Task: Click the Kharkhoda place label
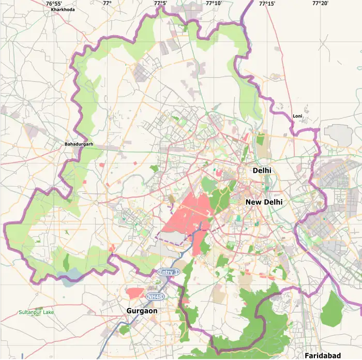coord(63,9)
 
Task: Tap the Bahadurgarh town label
coord(79,144)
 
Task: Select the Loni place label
coord(297,116)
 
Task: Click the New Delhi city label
coord(264,202)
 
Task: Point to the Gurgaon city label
coord(142,311)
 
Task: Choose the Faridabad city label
coord(323,355)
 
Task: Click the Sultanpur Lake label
coord(36,312)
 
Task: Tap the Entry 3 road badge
coord(168,272)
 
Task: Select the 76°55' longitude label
coord(54,4)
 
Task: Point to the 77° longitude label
coord(107,4)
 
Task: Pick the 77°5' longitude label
coord(160,4)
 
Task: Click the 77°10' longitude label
coord(214,4)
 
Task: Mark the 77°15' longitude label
coord(267,4)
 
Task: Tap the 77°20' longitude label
coord(320,4)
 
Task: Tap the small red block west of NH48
coord(135,293)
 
